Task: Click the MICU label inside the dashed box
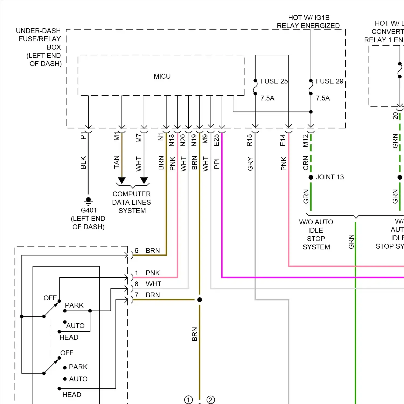162,76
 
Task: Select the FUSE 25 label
274,81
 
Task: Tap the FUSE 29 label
329,81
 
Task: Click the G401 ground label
89,210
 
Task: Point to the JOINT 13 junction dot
311,177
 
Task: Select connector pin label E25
216,140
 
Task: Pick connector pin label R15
250,140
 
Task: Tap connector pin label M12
305,141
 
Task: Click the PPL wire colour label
217,163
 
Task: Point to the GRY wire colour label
250,164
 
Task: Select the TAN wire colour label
117,162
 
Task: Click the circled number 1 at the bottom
189,400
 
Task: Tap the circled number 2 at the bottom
211,400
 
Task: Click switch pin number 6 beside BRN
137,251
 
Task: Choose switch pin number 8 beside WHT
137,284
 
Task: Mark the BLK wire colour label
83,163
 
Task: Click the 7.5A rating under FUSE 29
323,98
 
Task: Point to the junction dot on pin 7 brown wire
200,300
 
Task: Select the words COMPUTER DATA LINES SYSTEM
132,202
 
